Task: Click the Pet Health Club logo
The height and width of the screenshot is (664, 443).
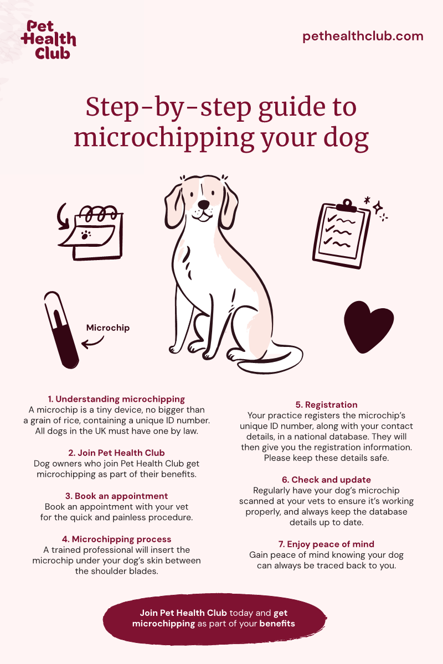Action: point(49,40)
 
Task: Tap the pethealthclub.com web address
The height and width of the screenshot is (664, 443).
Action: point(363,37)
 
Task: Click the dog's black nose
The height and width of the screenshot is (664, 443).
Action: point(204,204)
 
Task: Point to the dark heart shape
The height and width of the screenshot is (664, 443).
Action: point(369,327)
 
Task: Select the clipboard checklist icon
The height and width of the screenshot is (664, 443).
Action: point(341,234)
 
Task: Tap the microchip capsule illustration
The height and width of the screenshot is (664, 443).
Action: point(61,330)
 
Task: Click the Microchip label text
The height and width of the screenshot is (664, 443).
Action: point(108,328)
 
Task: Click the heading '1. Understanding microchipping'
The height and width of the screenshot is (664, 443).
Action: point(116,399)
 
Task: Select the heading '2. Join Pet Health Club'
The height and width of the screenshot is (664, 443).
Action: point(116,453)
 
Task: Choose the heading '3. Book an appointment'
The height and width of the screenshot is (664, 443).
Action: point(116,496)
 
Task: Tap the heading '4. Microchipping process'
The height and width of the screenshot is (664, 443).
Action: point(116,539)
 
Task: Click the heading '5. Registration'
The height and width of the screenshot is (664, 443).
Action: point(326,404)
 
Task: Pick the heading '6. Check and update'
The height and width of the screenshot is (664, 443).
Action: point(326,480)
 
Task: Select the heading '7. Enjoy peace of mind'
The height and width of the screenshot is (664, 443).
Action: point(326,544)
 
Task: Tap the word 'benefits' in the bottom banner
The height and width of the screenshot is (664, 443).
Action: point(277,624)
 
